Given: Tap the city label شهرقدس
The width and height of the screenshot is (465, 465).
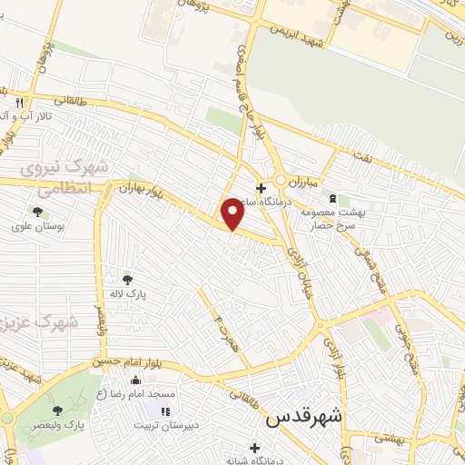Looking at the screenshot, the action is tap(303, 419).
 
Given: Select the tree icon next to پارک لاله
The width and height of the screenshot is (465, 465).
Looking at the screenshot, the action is tap(127, 279).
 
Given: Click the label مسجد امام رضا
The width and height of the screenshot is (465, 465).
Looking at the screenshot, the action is tap(136, 394).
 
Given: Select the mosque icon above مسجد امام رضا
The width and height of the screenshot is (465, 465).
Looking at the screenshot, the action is tap(136, 381).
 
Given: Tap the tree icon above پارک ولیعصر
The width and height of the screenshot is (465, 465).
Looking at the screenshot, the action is tap(57, 411).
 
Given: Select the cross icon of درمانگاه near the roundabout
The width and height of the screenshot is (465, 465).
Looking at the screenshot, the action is tap(261, 188).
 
